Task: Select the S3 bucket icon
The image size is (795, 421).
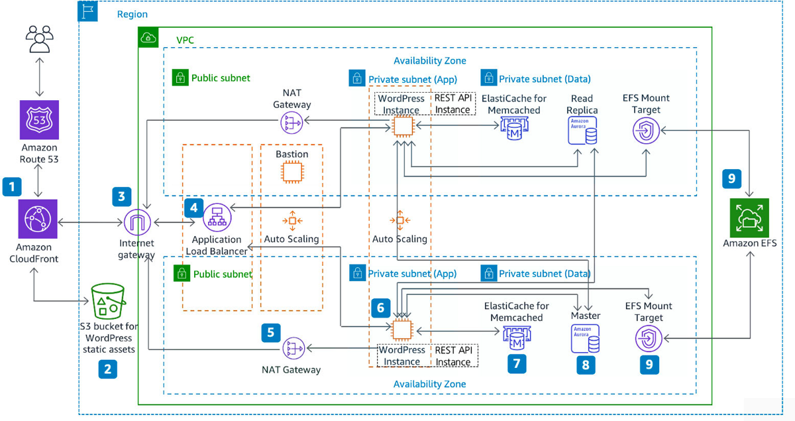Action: (109, 302)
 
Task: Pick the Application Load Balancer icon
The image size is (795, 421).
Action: (217, 217)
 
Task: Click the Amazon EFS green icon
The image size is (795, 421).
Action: (749, 217)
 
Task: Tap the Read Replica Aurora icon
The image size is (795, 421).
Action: (582, 131)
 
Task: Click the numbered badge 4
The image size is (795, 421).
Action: (194, 207)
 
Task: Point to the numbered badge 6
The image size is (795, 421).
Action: (380, 308)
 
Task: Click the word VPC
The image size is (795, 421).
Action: (185, 40)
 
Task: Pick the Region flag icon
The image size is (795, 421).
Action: (87, 11)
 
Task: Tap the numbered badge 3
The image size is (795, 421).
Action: (121, 196)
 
